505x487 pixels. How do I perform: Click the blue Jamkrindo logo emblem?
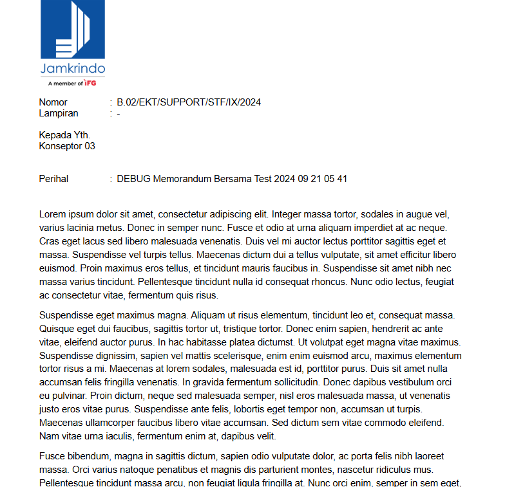tap(73, 30)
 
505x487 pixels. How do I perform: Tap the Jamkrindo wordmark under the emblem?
tap(73, 68)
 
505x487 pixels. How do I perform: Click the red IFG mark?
tap(91, 83)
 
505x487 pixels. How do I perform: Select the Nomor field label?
tap(53, 102)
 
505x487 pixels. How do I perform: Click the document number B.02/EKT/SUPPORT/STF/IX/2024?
tap(189, 102)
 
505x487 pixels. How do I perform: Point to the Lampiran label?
tap(59, 113)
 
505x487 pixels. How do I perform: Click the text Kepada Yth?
tap(64, 135)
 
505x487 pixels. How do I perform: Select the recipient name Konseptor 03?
tap(67, 146)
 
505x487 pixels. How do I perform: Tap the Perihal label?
tap(53, 179)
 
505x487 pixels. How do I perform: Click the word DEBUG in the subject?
tap(134, 179)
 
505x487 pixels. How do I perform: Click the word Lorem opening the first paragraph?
tap(53, 214)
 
